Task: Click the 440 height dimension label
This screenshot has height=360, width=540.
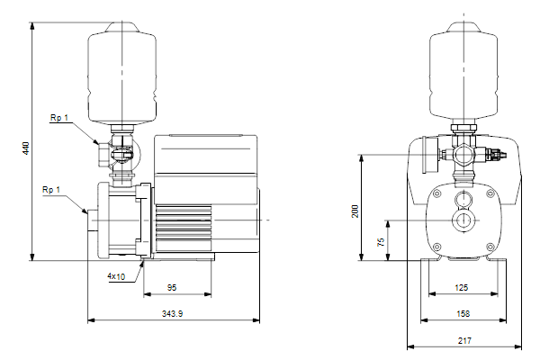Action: pyautogui.click(x=26, y=148)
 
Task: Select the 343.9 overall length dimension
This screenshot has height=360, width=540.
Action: pyautogui.click(x=172, y=313)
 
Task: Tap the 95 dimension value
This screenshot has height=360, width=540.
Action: pyautogui.click(x=172, y=287)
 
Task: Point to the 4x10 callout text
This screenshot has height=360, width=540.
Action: pyautogui.click(x=116, y=276)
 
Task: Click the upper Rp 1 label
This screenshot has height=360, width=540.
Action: pyautogui.click(x=59, y=118)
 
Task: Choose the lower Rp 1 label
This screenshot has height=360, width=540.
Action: pyautogui.click(x=51, y=190)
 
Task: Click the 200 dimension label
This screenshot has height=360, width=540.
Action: pyautogui.click(x=355, y=211)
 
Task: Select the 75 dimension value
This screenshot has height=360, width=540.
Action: pyautogui.click(x=381, y=242)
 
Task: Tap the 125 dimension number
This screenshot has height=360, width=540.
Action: pyautogui.click(x=462, y=287)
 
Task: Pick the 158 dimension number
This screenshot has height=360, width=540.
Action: pyautogui.click(x=463, y=313)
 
